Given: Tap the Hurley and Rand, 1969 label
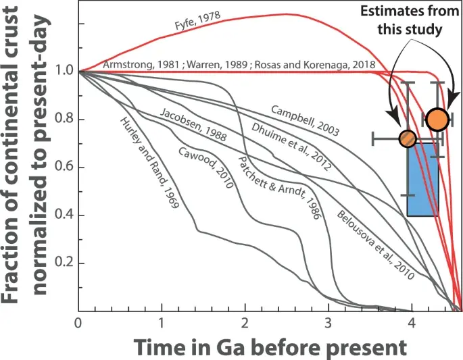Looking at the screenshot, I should coord(149,162).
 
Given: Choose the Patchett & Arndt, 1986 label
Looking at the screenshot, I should coord(270,190).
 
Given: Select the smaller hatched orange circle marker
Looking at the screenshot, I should coord(407,138).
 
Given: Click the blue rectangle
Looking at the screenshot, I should coord(422,179).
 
